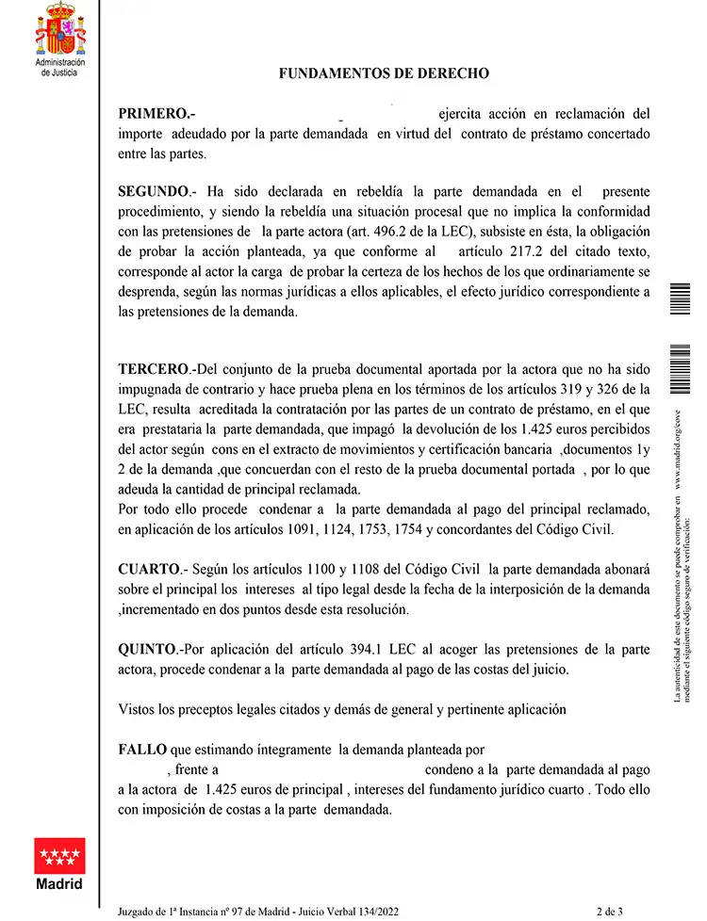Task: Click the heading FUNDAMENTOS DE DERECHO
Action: (x=384, y=73)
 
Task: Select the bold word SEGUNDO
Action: (x=154, y=191)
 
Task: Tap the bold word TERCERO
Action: (x=154, y=368)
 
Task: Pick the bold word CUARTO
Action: (x=149, y=570)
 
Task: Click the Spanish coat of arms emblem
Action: (x=59, y=29)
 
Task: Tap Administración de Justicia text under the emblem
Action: (x=59, y=67)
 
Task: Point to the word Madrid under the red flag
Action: (x=59, y=884)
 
